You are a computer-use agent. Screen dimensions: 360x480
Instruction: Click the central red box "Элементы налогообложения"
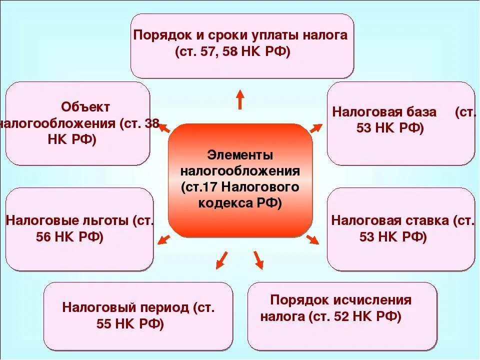point(240,180)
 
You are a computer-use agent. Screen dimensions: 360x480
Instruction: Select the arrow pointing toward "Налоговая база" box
point(316,128)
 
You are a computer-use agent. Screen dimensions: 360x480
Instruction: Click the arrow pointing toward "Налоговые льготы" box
point(163,239)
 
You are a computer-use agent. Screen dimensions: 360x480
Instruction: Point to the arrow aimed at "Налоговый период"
point(220,260)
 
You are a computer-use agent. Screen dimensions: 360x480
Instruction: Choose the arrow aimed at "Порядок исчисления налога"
point(258,259)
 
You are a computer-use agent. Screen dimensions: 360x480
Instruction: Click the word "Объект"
point(85,106)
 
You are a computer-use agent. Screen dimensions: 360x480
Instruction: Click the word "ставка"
point(425,220)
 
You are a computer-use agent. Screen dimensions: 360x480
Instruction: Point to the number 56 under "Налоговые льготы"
point(43,237)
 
